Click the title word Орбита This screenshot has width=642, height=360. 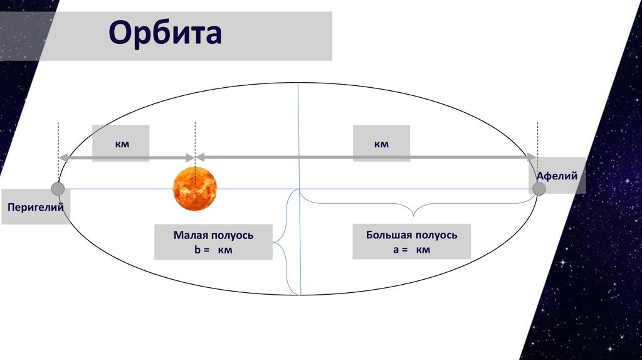[166, 34]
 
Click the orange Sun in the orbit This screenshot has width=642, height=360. [195, 189]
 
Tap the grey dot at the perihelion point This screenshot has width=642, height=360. [58, 189]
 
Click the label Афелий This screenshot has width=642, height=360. [557, 177]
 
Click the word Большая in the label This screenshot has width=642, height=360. [389, 235]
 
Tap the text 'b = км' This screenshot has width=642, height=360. [214, 250]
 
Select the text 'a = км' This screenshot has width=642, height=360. [411, 250]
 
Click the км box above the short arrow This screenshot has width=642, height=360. [121, 144]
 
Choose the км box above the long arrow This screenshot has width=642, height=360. [381, 144]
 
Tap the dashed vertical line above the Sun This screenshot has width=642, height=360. [195, 141]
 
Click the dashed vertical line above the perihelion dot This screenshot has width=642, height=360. [58, 141]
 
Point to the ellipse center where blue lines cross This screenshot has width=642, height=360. [299, 189]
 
